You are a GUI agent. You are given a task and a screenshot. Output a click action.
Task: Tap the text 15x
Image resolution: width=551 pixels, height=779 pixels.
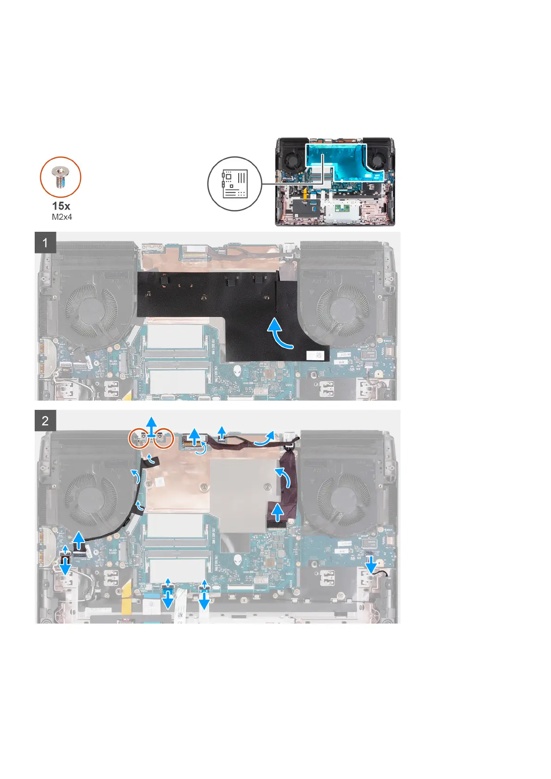tap(61, 206)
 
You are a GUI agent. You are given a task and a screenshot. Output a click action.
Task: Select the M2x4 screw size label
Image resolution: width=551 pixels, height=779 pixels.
tap(62, 216)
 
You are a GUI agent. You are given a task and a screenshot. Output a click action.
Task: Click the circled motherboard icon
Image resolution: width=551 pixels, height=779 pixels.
tap(235, 184)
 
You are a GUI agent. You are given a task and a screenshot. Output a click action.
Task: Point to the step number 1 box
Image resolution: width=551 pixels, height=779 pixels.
tap(45, 243)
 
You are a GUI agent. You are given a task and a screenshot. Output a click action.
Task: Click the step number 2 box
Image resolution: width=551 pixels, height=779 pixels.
tap(45, 420)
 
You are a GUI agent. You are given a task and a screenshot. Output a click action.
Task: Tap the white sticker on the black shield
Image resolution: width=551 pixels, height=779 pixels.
tap(317, 355)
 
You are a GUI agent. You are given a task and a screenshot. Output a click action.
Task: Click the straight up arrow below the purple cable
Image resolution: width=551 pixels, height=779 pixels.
tap(278, 512)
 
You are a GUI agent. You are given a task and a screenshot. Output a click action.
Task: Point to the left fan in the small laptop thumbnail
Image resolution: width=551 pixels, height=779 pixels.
tap(292, 160)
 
